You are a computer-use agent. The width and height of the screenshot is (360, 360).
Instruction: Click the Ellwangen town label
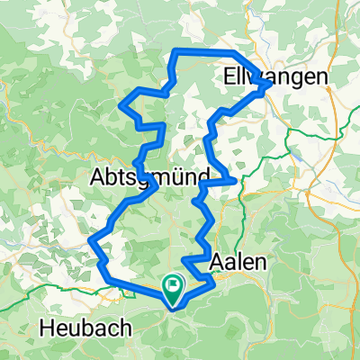pyautogui.click(x=270, y=78)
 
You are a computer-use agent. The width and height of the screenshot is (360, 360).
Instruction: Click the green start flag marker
pyautogui.click(x=172, y=287)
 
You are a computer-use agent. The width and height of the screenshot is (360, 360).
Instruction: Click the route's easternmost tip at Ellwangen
pyautogui.click(x=264, y=86)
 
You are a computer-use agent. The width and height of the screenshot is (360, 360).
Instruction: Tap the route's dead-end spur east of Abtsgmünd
pyautogui.click(x=237, y=181)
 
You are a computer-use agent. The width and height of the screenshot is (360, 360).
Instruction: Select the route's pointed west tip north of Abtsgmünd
pyautogui.click(x=121, y=106)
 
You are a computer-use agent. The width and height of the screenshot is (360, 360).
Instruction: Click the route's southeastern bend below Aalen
pyautogui.click(x=212, y=283)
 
